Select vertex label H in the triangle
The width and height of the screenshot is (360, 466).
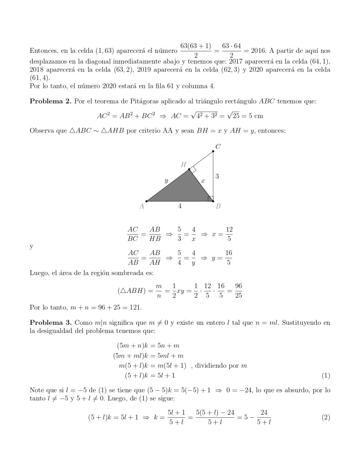[x=183, y=164]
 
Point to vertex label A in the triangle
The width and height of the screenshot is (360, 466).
[x=142, y=206]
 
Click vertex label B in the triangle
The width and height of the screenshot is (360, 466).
[x=218, y=206]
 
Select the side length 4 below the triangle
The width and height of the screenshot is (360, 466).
[x=180, y=206]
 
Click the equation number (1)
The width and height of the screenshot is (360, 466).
[x=325, y=375]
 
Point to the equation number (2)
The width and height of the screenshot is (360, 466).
[x=325, y=417]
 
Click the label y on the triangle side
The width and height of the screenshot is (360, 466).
[x=166, y=181]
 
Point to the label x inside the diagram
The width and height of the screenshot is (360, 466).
[x=203, y=181]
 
